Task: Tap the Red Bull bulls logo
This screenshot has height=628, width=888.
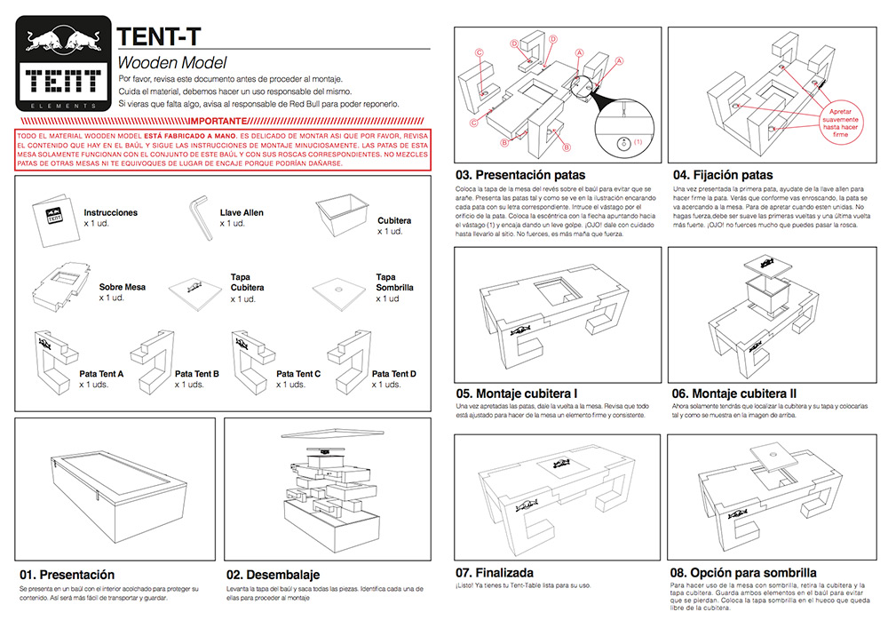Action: (x=62, y=40)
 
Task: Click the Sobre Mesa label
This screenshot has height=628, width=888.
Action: (x=123, y=288)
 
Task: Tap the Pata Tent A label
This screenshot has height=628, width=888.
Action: (x=102, y=374)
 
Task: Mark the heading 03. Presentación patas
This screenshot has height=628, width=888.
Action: (x=520, y=175)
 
